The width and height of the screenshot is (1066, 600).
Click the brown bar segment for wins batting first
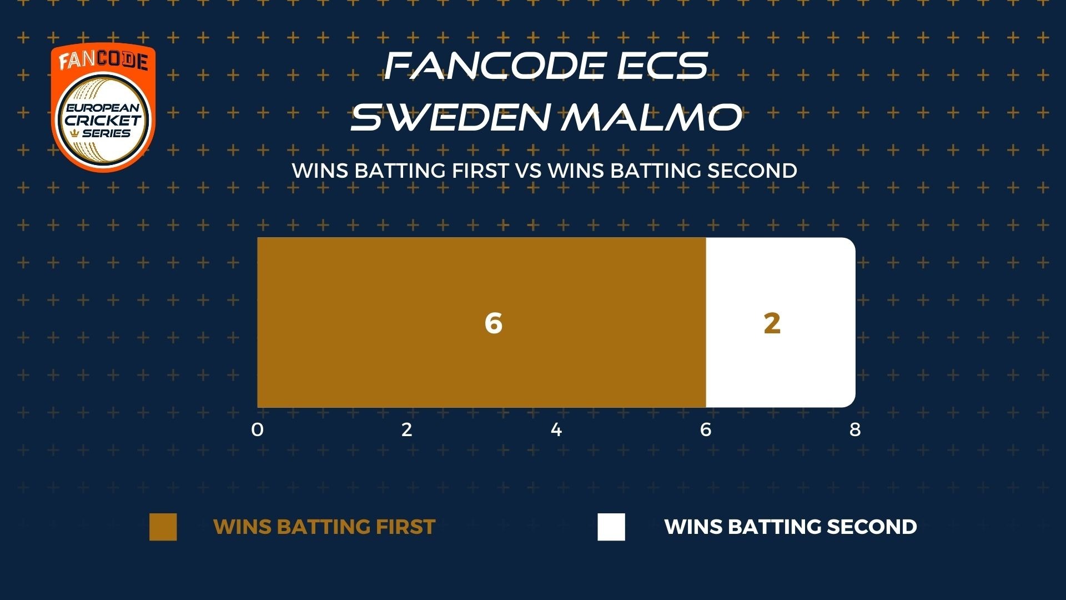point(481,322)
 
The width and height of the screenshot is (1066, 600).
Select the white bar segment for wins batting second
point(781,322)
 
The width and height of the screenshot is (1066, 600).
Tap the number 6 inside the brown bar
point(494,323)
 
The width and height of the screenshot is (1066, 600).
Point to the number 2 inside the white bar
point(772,323)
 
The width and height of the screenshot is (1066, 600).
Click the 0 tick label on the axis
point(257,429)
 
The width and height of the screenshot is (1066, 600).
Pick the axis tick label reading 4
point(556,429)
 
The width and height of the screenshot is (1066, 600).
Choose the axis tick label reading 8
point(855,429)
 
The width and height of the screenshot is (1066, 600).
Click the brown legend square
point(163,527)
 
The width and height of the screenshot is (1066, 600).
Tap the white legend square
point(611,527)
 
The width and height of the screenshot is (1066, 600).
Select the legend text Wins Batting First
point(324,527)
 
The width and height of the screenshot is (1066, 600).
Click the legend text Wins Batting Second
point(791,527)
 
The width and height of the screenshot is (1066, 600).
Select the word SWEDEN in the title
point(450,117)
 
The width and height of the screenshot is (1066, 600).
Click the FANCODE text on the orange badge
point(103,61)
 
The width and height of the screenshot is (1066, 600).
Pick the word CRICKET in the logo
point(103,120)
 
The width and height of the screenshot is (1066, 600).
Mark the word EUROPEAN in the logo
point(103,108)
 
